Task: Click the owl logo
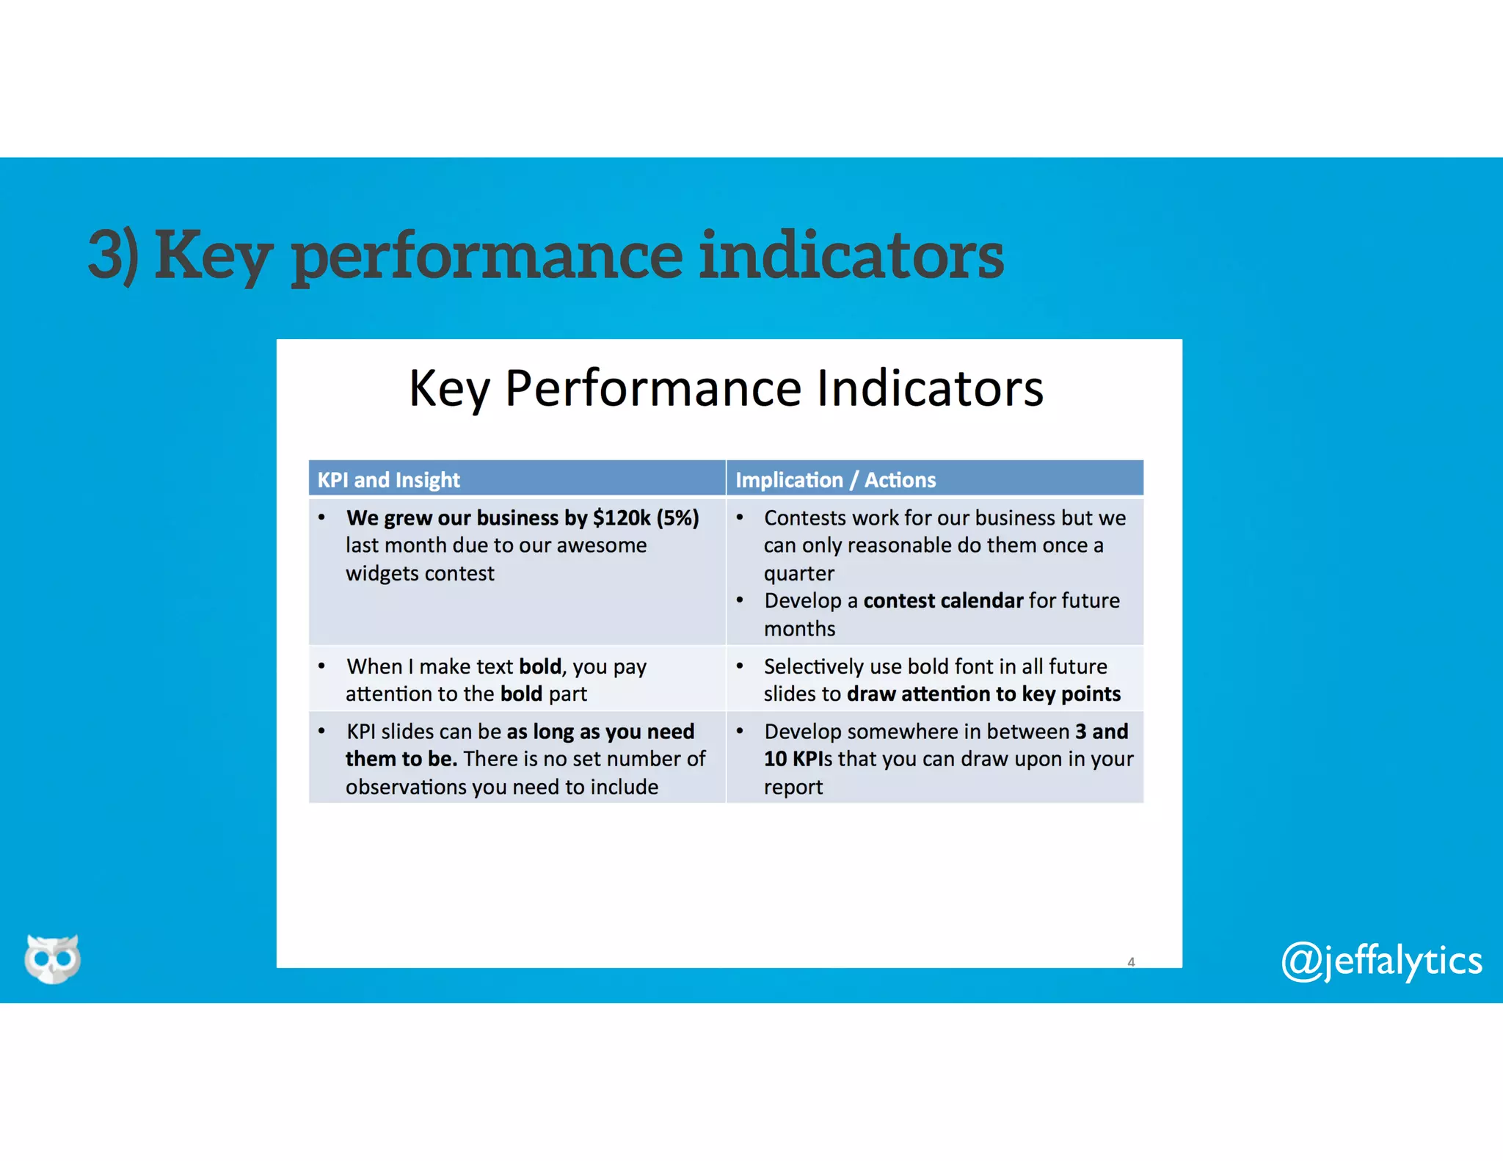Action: pyautogui.click(x=52, y=958)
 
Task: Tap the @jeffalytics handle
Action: pyautogui.click(x=1381, y=961)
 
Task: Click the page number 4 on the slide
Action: pyautogui.click(x=1131, y=961)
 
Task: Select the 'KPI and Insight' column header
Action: pyautogui.click(x=388, y=480)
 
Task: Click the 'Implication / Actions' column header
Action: pyautogui.click(x=835, y=480)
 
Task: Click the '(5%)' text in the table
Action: pyautogui.click(x=677, y=518)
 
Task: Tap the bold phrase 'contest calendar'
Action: pyautogui.click(x=943, y=601)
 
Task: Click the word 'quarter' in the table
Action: pyautogui.click(x=798, y=573)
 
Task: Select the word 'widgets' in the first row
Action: pyautogui.click(x=382, y=573)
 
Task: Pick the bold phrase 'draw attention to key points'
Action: pyautogui.click(x=983, y=694)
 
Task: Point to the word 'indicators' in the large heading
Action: pyautogui.click(x=851, y=255)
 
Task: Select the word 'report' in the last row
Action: pyautogui.click(x=793, y=787)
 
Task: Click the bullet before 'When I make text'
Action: pyautogui.click(x=321, y=666)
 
